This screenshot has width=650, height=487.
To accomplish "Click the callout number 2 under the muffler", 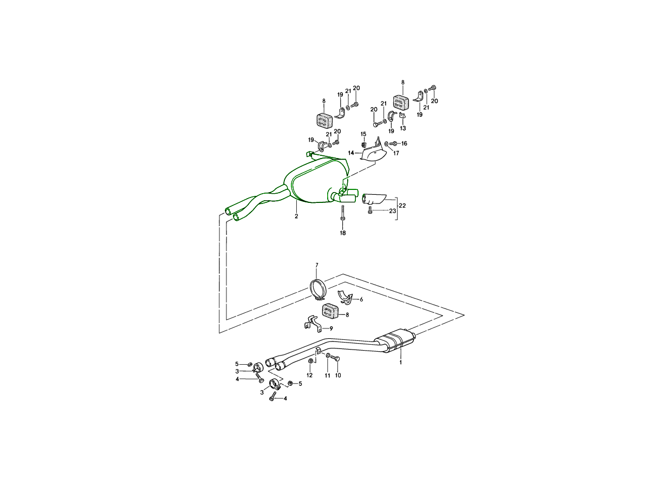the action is pyautogui.click(x=296, y=216).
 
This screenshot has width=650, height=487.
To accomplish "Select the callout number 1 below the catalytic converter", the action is pyautogui.click(x=401, y=362).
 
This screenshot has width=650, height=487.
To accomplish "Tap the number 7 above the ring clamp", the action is pyautogui.click(x=316, y=265).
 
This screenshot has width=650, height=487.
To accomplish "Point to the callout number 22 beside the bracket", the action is pyautogui.click(x=402, y=206).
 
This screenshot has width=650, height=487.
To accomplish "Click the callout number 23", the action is pyautogui.click(x=392, y=211).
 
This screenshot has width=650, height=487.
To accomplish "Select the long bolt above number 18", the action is pyautogui.click(x=343, y=213).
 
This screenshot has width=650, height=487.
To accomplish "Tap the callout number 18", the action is pyautogui.click(x=343, y=233).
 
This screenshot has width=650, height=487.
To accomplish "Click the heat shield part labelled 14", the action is pyautogui.click(x=373, y=154).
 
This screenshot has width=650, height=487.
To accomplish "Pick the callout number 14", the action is pyautogui.click(x=351, y=153).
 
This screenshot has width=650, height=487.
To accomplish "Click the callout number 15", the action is pyautogui.click(x=363, y=134).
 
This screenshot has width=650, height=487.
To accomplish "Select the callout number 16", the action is pyautogui.click(x=404, y=143).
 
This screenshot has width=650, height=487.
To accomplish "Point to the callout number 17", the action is pyautogui.click(x=396, y=153).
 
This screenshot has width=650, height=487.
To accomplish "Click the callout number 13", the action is pyautogui.click(x=403, y=128).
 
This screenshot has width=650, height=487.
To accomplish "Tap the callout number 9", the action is pyautogui.click(x=331, y=328).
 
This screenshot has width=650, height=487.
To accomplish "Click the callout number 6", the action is pyautogui.click(x=361, y=300).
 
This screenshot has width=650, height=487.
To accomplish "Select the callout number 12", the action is pyautogui.click(x=309, y=375).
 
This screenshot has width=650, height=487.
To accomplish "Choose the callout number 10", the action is pyautogui.click(x=338, y=375).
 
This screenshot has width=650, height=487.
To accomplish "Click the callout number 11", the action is pyautogui.click(x=327, y=376).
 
